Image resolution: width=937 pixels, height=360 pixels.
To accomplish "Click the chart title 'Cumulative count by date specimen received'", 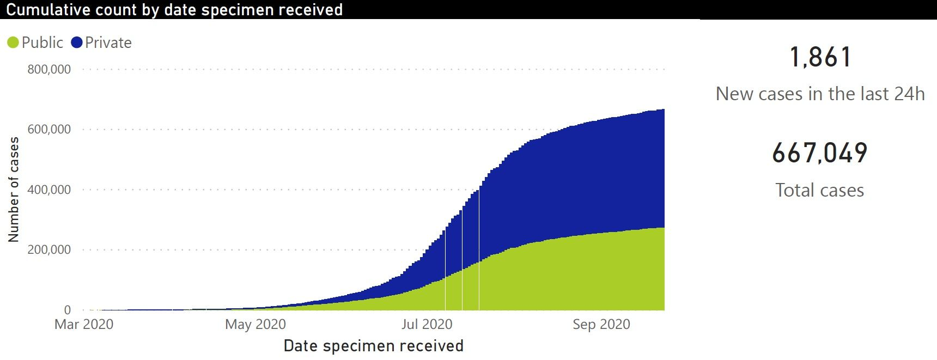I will (174, 10).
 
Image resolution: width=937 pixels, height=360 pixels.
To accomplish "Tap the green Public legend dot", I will (13, 42).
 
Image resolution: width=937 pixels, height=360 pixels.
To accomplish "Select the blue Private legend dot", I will (77, 42).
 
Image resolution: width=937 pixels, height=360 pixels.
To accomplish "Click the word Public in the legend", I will (42, 42).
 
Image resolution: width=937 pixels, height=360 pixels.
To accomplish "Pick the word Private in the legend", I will (108, 42).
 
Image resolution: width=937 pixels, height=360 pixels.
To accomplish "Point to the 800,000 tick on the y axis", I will (49, 69).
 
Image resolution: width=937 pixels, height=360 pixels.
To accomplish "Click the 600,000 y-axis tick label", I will (49, 129).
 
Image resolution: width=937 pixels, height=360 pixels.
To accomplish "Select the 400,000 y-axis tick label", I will (49, 190).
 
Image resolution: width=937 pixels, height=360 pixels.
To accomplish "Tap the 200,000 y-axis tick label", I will (49, 249).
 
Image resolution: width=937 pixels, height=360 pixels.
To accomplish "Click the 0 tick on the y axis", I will (67, 310).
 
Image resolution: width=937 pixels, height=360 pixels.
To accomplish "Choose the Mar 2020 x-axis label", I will (84, 325).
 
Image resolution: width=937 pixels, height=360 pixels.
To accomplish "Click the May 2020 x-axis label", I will (255, 325).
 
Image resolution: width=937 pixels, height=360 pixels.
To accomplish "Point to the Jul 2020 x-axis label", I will (427, 325).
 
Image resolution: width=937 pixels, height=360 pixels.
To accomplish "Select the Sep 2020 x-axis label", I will (601, 325).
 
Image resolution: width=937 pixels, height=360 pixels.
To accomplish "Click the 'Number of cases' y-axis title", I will (14, 190).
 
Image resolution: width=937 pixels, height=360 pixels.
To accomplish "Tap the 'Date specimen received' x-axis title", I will (374, 346).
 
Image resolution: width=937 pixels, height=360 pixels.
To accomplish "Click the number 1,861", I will (820, 57).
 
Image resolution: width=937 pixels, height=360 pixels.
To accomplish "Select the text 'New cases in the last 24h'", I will (820, 94).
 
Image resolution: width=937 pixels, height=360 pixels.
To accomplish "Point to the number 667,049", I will (820, 153).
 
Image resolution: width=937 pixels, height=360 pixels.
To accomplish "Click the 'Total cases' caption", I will (820, 190).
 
